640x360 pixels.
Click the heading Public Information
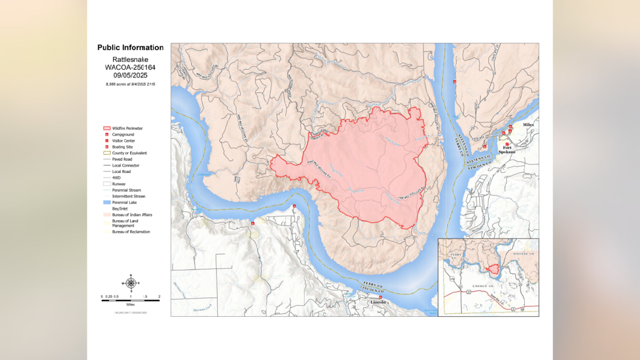pyautogui.click(x=131, y=48)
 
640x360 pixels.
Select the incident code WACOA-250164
pyautogui.click(x=131, y=67)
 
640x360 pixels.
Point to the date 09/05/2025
pyautogui.click(x=131, y=75)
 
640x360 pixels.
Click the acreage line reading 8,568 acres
pyautogui.click(x=131, y=84)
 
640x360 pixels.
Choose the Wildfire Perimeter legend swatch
pyautogui.click(x=107, y=128)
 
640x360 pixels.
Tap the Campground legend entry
pyautogui.click(x=123, y=135)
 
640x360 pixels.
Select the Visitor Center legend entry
pyautogui.click(x=123, y=141)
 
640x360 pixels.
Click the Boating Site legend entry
pyautogui.click(x=122, y=147)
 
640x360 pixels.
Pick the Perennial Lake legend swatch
pyautogui.click(x=107, y=202)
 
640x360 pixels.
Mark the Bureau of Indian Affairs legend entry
pyautogui.click(x=132, y=215)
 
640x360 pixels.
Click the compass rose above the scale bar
pyautogui.click(x=131, y=283)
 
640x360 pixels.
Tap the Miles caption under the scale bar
pyautogui.click(x=131, y=305)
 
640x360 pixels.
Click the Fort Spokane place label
pyautogui.click(x=507, y=149)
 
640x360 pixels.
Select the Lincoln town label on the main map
pyautogui.click(x=378, y=302)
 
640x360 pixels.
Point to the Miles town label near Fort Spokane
pyautogui.click(x=528, y=125)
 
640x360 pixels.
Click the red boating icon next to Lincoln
pyautogui.click(x=380, y=297)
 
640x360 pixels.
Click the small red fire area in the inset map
pyautogui.click(x=493, y=269)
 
